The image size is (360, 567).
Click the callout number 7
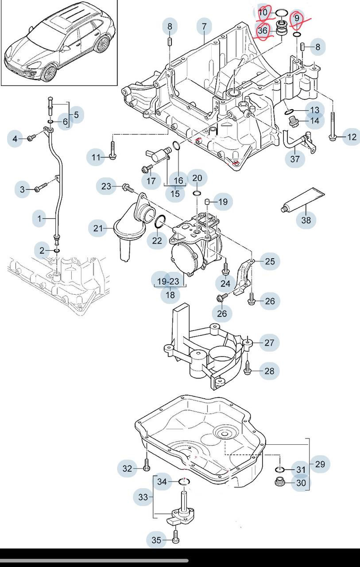[x=204, y=27]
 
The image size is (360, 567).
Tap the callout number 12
[x=352, y=137]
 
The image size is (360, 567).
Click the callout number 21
[x=98, y=229]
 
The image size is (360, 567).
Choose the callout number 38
[x=306, y=220]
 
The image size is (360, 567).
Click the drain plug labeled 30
[x=280, y=482]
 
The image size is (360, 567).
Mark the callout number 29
[x=320, y=464]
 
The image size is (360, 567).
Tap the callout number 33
[x=143, y=497]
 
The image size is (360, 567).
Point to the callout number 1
[x=39, y=218]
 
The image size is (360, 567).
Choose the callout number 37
[x=295, y=159]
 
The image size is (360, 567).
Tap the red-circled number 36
[x=263, y=31]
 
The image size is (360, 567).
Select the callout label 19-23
[x=168, y=281]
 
